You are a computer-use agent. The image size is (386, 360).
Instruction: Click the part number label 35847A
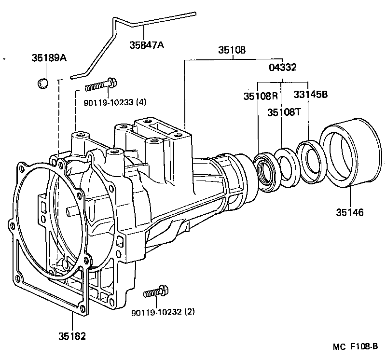[x=147, y=45]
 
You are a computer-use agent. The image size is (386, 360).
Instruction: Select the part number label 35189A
[x=49, y=58]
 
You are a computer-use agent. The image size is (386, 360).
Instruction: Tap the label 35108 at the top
[x=232, y=50]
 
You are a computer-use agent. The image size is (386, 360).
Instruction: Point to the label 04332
[x=282, y=68]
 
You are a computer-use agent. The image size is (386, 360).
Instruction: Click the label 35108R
[x=261, y=95]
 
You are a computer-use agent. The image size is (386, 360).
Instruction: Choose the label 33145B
[x=311, y=95]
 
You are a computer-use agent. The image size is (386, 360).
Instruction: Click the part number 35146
[x=350, y=212]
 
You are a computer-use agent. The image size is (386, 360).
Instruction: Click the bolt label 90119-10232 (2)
[x=163, y=312]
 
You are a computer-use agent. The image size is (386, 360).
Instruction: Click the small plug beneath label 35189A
[x=43, y=83]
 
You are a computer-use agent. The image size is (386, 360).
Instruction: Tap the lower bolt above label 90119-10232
[x=156, y=292]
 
